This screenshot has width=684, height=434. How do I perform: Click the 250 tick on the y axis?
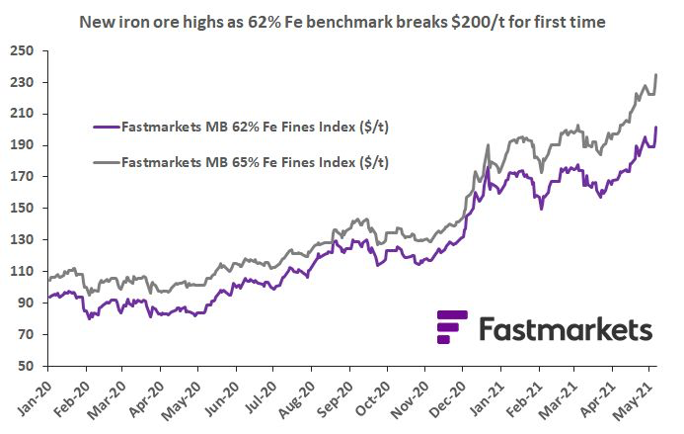(x=23, y=49)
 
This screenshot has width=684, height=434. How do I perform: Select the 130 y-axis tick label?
(x=23, y=239)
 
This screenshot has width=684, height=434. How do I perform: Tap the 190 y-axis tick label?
(x=23, y=144)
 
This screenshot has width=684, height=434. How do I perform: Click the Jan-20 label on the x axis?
(x=34, y=397)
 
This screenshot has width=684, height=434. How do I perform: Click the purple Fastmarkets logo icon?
(x=451, y=326)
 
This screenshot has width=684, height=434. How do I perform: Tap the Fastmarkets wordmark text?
(x=565, y=328)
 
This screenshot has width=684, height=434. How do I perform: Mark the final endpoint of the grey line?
(x=657, y=74)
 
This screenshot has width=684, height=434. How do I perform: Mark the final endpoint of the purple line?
(x=657, y=128)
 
